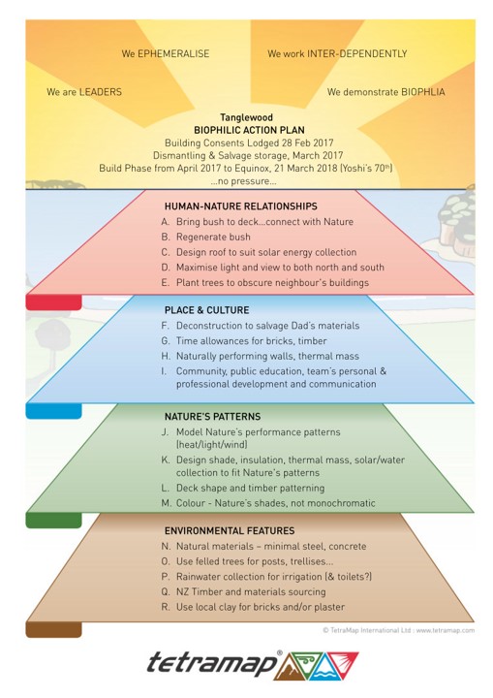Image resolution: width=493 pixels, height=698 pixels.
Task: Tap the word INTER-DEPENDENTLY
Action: point(356,54)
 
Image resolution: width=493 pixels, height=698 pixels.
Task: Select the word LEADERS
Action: point(100,92)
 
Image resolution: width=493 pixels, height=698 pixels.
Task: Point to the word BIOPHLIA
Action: point(422,92)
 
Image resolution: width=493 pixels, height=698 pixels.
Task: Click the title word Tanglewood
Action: point(246,117)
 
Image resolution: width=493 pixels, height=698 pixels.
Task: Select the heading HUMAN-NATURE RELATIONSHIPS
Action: point(241,206)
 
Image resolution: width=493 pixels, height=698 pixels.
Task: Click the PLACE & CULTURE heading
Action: point(207,310)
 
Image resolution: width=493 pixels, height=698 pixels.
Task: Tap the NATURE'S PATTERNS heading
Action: point(213,417)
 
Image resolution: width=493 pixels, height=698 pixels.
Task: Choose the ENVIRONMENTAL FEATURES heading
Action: point(230,530)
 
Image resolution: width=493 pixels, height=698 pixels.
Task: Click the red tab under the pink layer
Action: point(54,302)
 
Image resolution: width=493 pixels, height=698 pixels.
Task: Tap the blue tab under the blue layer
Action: point(54,411)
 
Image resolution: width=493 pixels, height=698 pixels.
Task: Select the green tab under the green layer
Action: point(54,520)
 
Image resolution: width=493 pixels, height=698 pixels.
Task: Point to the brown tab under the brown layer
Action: point(54,629)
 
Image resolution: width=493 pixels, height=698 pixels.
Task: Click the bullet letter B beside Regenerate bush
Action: point(165,237)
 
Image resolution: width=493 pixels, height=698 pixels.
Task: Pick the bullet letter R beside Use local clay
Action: point(165,607)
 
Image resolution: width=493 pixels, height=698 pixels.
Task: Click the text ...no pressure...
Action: point(243,181)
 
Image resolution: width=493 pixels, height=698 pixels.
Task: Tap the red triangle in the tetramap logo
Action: point(342,662)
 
